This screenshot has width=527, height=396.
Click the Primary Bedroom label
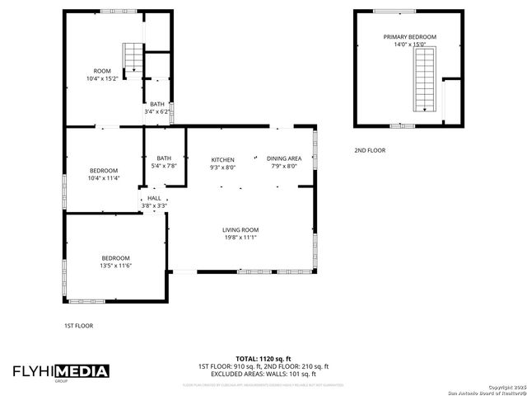coord(409,37)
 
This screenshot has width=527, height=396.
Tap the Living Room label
coord(240,229)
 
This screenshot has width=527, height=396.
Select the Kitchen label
coord(222,159)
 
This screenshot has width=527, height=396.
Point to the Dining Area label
coord(284,159)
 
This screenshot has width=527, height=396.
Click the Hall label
coord(155,199)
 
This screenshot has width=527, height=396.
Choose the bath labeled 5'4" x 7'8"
coord(164,158)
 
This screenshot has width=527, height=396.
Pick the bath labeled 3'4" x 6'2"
coord(156,104)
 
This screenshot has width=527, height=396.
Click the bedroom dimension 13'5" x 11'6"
coord(116,265)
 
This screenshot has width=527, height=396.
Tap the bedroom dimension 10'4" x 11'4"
coord(104,177)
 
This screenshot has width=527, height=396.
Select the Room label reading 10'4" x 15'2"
coord(103,71)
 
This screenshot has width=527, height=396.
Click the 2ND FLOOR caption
coord(370,150)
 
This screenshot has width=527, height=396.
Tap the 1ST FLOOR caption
coord(78,326)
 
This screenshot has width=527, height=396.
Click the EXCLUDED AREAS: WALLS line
coord(263,374)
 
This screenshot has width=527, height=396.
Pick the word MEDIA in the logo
coord(82,372)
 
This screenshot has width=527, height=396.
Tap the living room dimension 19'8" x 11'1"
coord(240,238)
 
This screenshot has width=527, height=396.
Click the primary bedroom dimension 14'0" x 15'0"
coord(409,45)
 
